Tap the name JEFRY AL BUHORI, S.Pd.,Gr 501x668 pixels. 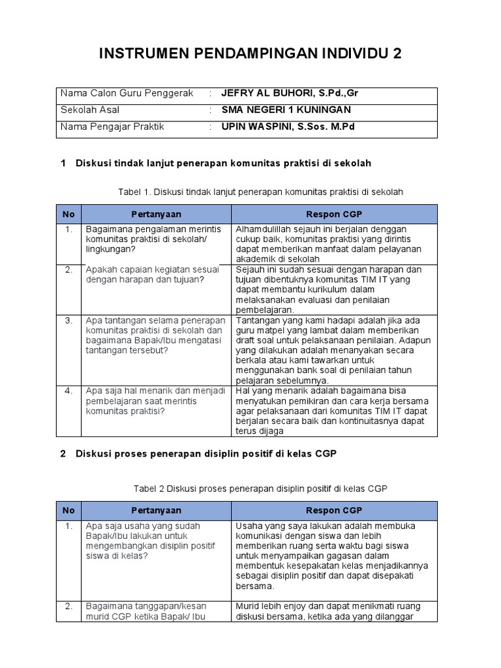290,93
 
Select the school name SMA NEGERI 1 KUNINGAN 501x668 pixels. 286,110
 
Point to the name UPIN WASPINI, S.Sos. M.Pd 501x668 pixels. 288,127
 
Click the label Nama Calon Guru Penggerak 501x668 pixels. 127,93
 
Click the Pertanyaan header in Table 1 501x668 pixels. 156,214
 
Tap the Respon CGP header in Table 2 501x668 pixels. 334,510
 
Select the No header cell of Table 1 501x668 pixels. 68,214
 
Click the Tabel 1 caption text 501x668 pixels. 260,191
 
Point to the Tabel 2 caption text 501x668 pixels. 260,489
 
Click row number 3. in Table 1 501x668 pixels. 68,320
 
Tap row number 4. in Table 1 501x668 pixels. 68,391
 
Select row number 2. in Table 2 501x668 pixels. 68,606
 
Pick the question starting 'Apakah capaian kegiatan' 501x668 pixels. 153,275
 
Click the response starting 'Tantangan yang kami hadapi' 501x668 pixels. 328,350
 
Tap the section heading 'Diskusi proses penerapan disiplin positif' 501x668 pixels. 206,454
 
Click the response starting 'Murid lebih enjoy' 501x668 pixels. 328,612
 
